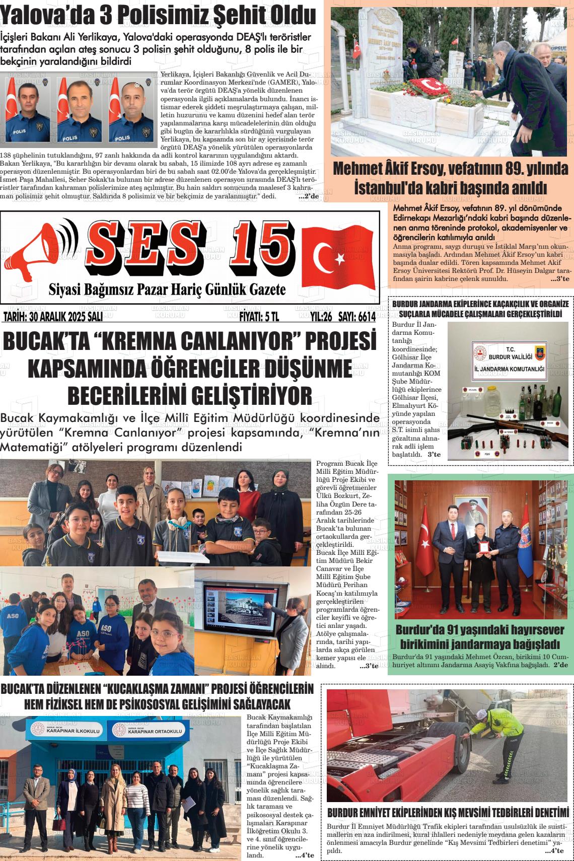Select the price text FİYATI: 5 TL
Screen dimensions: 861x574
[x=258, y=317]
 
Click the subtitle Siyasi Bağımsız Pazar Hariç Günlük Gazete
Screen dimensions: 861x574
[x=167, y=290]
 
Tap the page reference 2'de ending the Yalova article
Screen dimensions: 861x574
[x=308, y=196]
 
